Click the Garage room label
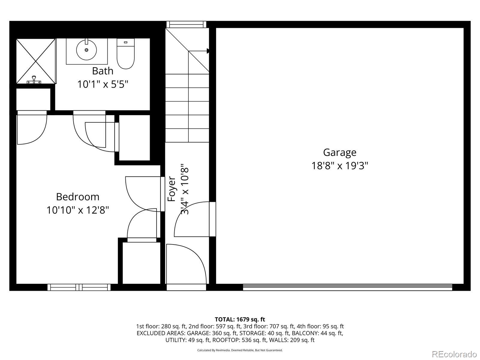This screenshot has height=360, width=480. [x=340, y=152]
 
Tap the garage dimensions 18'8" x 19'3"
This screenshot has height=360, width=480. [x=340, y=166]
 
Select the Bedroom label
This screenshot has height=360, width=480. [x=78, y=197]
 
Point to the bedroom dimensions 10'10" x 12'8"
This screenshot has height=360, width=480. [x=78, y=210]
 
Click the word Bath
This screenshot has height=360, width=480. [x=103, y=71]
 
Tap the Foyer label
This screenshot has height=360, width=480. [x=171, y=189]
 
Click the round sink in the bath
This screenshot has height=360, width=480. [x=86, y=49]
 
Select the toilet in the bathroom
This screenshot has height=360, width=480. [x=125, y=54]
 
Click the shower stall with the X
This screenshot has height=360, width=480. [x=36, y=61]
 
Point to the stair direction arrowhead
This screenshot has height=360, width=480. [x=208, y=51]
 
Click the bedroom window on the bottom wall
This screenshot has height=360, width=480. [x=79, y=287]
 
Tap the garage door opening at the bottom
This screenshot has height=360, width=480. [x=347, y=287]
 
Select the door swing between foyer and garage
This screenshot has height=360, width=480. [x=192, y=219]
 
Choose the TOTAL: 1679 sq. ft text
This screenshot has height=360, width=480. [x=240, y=319]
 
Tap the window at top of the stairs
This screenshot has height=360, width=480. [x=186, y=24]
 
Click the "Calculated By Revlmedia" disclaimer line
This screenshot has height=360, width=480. [x=240, y=350]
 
